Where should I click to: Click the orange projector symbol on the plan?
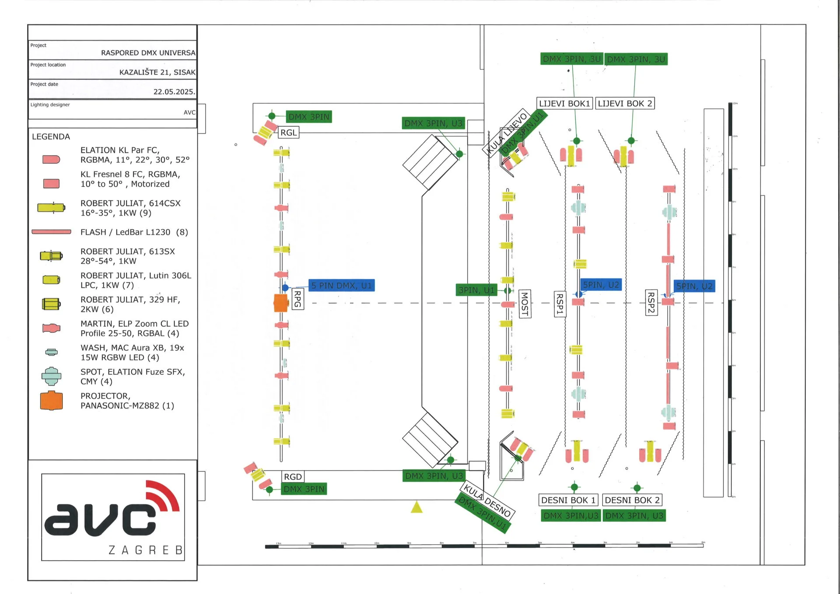tap(280, 303)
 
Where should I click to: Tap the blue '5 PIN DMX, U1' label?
tap(341, 286)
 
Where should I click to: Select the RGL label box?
tap(288, 133)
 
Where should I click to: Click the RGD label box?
tap(293, 477)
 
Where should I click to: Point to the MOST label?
tap(525, 304)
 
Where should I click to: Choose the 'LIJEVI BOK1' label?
tap(564, 104)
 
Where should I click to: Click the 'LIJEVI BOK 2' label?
tap(625, 104)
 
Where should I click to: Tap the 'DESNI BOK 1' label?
tap(568, 500)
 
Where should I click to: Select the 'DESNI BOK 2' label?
tap(632, 500)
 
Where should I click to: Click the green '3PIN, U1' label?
tap(476, 290)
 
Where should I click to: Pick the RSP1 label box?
tap(560, 304)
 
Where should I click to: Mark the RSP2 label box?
tap(651, 302)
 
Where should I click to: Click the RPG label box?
tap(297, 299)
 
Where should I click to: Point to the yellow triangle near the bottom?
tap(416, 507)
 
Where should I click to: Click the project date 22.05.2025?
tap(174, 91)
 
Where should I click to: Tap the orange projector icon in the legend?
tap(51, 400)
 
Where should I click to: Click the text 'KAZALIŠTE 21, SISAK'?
tap(157, 72)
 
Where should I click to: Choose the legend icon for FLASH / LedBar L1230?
tap(51, 232)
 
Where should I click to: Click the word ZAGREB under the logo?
tap(145, 550)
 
